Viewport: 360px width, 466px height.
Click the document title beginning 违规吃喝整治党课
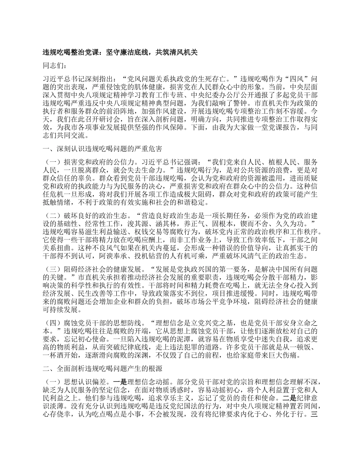click(121, 53)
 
